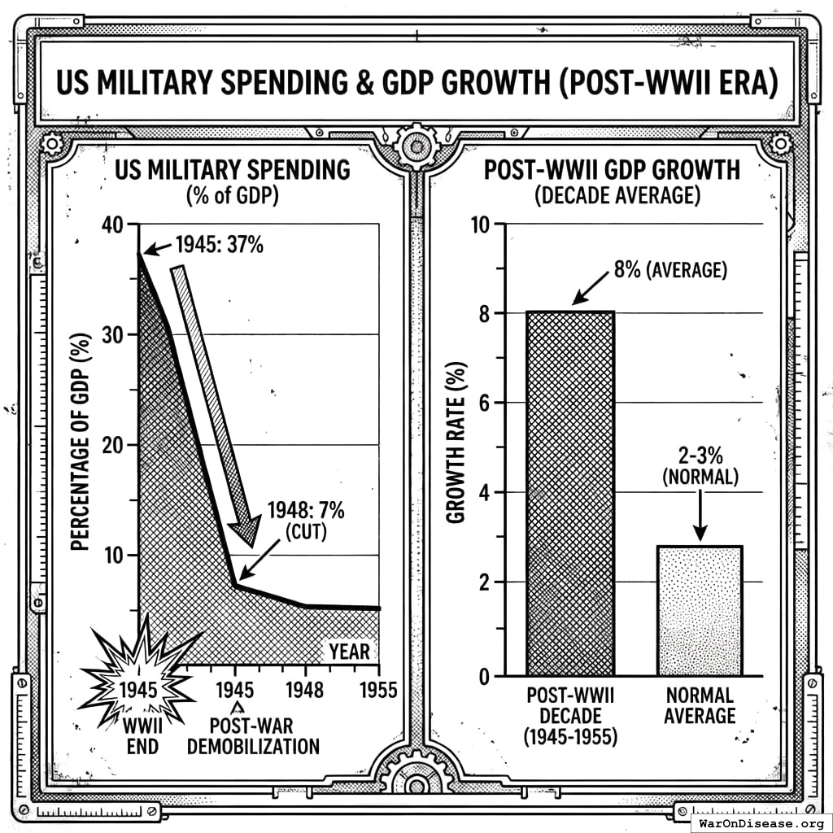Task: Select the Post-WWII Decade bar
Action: (570, 492)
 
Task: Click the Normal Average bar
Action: (700, 610)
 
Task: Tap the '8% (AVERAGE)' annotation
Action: (670, 269)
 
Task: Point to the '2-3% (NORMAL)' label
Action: (700, 466)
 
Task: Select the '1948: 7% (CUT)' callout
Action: (306, 521)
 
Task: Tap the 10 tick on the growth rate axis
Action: (482, 224)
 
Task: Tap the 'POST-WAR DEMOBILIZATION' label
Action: (253, 735)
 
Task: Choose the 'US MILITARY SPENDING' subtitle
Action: (232, 170)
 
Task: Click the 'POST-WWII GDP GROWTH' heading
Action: (612, 170)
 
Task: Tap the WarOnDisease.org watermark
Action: (761, 822)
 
